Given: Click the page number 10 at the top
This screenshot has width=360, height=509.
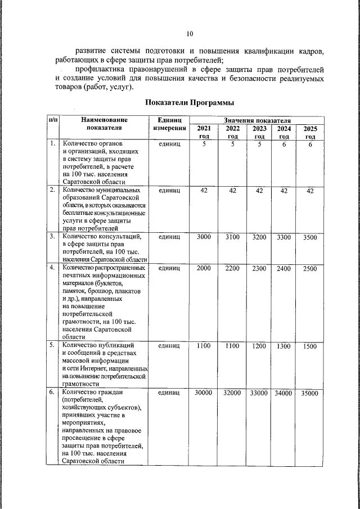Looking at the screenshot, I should coord(190,33).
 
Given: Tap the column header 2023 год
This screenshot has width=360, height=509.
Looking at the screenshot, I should coord(259,132).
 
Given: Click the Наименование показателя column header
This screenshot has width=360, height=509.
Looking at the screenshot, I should coord(104,124).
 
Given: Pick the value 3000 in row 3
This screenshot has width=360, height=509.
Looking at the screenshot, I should coord(204,237).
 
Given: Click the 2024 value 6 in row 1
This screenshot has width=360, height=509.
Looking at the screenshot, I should coord(284,145).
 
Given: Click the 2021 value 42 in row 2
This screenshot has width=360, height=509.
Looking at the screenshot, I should coord(204,191).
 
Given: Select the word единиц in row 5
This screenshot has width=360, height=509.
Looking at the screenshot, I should coord(169,346).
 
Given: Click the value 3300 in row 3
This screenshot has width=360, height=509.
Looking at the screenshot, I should coord(284,237).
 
